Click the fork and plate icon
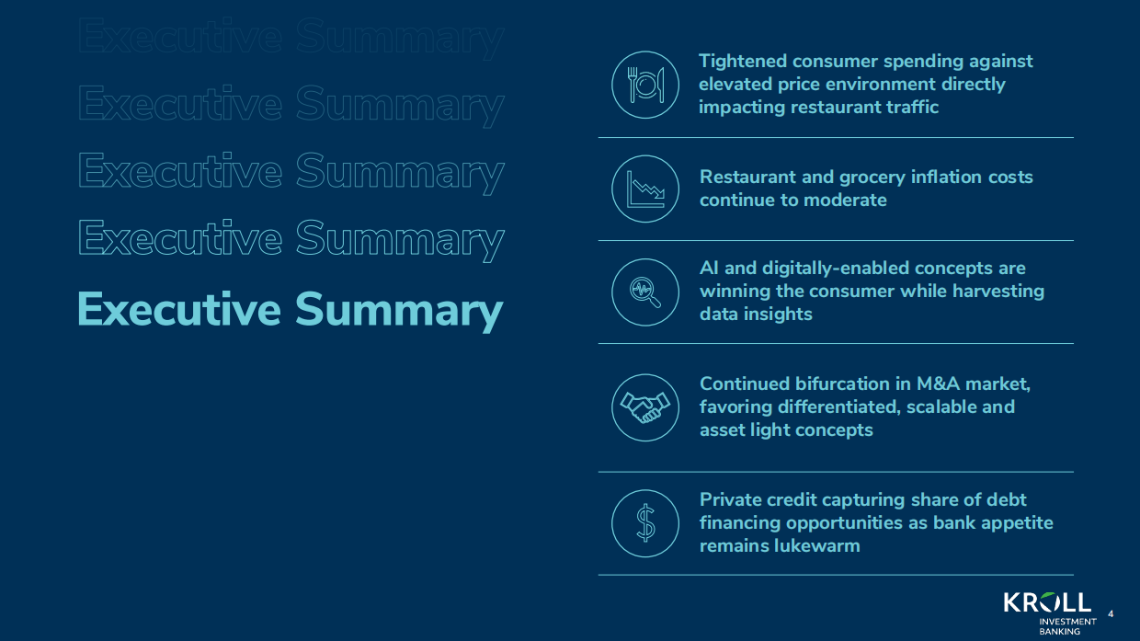click(x=645, y=85)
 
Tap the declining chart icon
click(x=645, y=189)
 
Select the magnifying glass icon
click(x=645, y=292)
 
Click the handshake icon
click(x=645, y=407)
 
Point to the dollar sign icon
click(x=645, y=523)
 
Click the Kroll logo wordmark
click(x=1047, y=602)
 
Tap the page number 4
click(x=1111, y=614)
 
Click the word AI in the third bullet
click(x=709, y=268)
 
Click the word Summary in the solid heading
click(x=399, y=311)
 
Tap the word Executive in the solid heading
click(x=179, y=309)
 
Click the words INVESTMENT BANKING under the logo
click(x=1067, y=626)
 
